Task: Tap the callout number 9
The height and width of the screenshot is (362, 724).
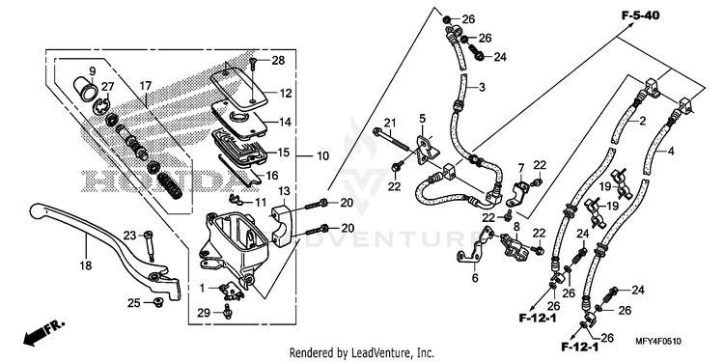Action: (x=92, y=71)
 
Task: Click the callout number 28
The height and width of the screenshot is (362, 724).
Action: (x=278, y=61)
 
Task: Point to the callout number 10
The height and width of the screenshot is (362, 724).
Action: (x=323, y=156)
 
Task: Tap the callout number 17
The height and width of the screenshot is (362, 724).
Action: (x=146, y=86)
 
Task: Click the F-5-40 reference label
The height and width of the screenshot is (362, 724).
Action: (x=640, y=15)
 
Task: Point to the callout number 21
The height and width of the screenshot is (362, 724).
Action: (x=390, y=123)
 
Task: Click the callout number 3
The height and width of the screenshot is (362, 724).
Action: (x=482, y=87)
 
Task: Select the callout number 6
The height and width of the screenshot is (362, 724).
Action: (x=475, y=278)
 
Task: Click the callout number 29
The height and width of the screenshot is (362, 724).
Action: (x=204, y=313)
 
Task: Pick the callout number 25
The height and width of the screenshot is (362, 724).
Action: (x=134, y=303)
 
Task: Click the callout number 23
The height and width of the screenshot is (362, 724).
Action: (x=129, y=236)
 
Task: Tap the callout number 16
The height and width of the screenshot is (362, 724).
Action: (x=272, y=175)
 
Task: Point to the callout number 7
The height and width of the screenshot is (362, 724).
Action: (x=521, y=167)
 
